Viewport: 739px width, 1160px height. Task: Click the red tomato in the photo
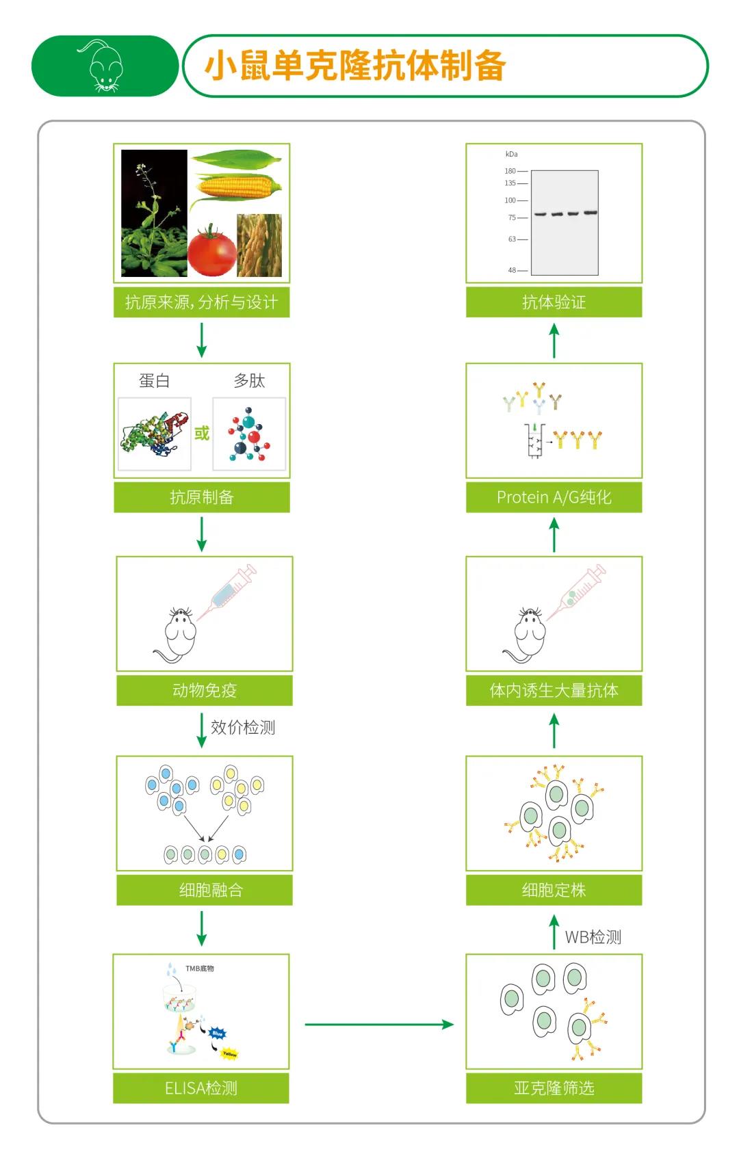[x=212, y=252]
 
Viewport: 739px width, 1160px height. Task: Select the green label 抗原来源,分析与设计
[x=201, y=302]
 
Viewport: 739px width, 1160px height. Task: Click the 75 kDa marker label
[x=512, y=217]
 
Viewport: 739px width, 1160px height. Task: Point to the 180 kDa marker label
[x=510, y=171]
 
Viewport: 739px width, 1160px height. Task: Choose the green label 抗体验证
[x=554, y=302]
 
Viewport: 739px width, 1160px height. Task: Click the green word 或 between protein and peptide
[x=201, y=433]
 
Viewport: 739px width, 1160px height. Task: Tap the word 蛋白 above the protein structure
[x=154, y=381]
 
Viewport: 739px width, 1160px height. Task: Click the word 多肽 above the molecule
[x=249, y=381]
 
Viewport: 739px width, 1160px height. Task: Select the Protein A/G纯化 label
[x=554, y=497]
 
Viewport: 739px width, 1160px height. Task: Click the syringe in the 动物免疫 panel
[x=229, y=591]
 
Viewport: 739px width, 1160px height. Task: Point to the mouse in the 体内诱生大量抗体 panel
[x=529, y=636]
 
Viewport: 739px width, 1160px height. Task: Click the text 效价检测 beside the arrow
[x=243, y=727]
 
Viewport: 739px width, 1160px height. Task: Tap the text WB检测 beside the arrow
[x=593, y=937]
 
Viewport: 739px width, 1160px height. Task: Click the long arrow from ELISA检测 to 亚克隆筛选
[x=379, y=1024]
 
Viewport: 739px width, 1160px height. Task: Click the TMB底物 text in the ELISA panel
[x=200, y=968]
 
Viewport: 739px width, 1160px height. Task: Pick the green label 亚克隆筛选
[x=554, y=1087]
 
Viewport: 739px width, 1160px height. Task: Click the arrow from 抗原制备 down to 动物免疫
[x=201, y=534]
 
